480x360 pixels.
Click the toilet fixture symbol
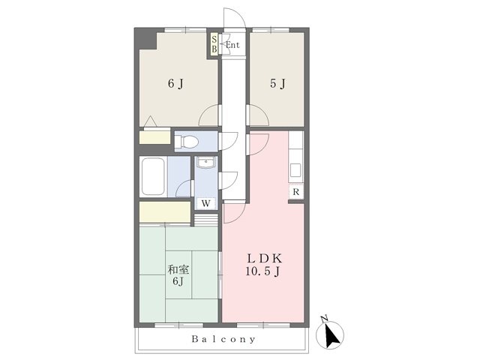click(x=187, y=142)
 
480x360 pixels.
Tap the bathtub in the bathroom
click(x=153, y=176)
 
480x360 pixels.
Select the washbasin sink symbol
click(x=206, y=162)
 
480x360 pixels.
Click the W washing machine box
click(x=205, y=203)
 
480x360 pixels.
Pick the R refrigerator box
click(x=295, y=192)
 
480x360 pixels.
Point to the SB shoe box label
click(x=214, y=44)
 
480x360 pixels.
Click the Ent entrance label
click(x=232, y=45)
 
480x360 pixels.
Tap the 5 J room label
click(x=277, y=83)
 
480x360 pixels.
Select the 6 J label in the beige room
click(x=175, y=83)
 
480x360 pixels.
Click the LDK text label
click(x=265, y=259)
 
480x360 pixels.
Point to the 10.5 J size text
click(x=262, y=271)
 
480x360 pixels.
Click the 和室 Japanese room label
click(x=178, y=270)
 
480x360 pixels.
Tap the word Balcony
click(x=223, y=339)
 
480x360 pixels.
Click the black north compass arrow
click(x=331, y=336)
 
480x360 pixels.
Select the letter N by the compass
click(x=325, y=319)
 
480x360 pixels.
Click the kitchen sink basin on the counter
click(x=295, y=170)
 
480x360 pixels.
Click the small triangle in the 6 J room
click(x=150, y=121)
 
